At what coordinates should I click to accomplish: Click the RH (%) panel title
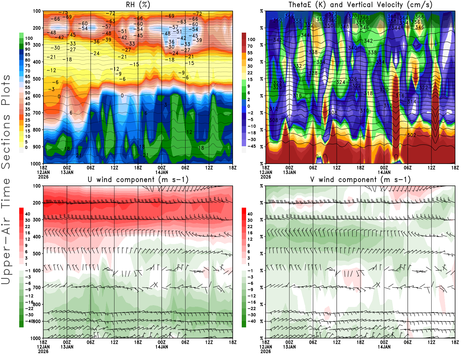click(138, 5)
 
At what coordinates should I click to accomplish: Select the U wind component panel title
click(138, 179)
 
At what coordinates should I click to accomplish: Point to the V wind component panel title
click(360, 179)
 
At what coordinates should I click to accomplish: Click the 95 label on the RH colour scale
click(28, 44)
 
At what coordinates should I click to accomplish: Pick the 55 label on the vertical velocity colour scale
click(250, 53)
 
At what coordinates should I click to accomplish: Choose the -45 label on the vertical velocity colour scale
click(251, 146)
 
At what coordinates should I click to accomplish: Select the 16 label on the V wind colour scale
click(250, 233)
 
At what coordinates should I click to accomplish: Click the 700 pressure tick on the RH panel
click(37, 113)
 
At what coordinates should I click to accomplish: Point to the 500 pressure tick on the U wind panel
click(37, 254)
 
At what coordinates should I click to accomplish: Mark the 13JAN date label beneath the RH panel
click(67, 172)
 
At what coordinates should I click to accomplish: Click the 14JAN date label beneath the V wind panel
click(384, 347)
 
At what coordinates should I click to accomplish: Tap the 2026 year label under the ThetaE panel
click(266, 177)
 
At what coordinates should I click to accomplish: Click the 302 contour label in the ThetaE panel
click(412, 135)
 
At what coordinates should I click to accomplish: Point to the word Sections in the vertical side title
click(6, 141)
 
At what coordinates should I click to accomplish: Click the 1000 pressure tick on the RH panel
click(36, 164)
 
